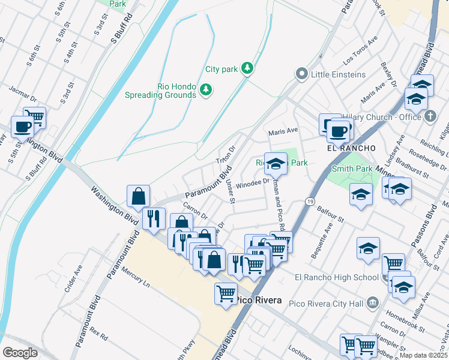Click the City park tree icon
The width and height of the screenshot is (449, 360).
pyautogui.click(x=247, y=69)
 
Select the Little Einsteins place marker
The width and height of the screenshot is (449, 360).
pyautogui.click(x=302, y=74)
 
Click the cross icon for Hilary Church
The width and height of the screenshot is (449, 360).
pyautogui.click(x=430, y=117)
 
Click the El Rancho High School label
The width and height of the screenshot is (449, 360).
pyautogui.click(x=337, y=277)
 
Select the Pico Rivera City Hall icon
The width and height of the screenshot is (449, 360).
pyautogui.click(x=373, y=301)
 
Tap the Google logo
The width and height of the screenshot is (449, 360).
pyautogui.click(x=20, y=352)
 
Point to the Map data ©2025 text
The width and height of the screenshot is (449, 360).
pyautogui.click(x=424, y=355)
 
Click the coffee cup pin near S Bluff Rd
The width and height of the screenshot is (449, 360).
pyautogui.click(x=23, y=127)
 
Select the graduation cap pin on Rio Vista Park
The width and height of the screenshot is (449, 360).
pyautogui.click(x=276, y=163)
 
